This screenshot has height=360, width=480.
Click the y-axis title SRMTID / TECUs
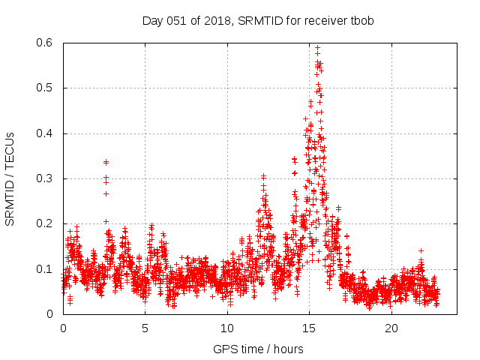tap(10, 178)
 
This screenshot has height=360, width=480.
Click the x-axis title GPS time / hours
tap(258, 349)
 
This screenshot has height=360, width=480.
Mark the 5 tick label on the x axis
tap(145, 328)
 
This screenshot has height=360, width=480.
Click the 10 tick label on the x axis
tap(227, 328)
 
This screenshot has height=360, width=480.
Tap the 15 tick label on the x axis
tap(309, 328)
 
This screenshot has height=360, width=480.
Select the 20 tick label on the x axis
tap(391, 328)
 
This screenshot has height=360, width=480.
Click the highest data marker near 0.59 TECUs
tap(317, 47)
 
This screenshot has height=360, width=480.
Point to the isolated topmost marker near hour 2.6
tap(106, 161)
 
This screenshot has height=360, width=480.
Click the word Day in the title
tap(152, 20)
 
